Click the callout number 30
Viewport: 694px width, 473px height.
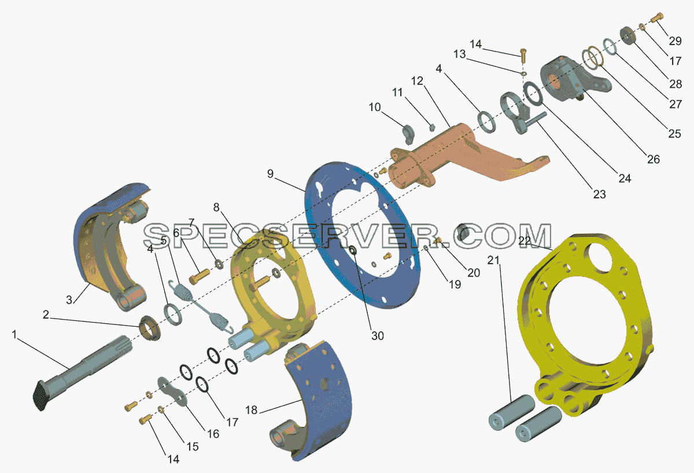tap(377, 336)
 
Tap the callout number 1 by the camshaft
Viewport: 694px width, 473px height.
tap(14, 335)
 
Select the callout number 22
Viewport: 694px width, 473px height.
tap(525, 241)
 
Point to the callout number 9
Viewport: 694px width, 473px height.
tap(271, 174)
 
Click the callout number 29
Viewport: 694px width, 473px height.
tap(675, 41)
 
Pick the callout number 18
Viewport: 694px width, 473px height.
tap(251, 410)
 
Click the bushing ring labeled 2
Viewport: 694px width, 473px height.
tap(150, 328)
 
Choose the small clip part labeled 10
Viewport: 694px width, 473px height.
tap(408, 134)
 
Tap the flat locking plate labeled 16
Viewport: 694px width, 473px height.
tap(173, 391)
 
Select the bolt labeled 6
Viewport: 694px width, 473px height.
tap(199, 276)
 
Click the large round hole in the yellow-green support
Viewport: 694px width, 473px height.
tap(600, 259)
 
